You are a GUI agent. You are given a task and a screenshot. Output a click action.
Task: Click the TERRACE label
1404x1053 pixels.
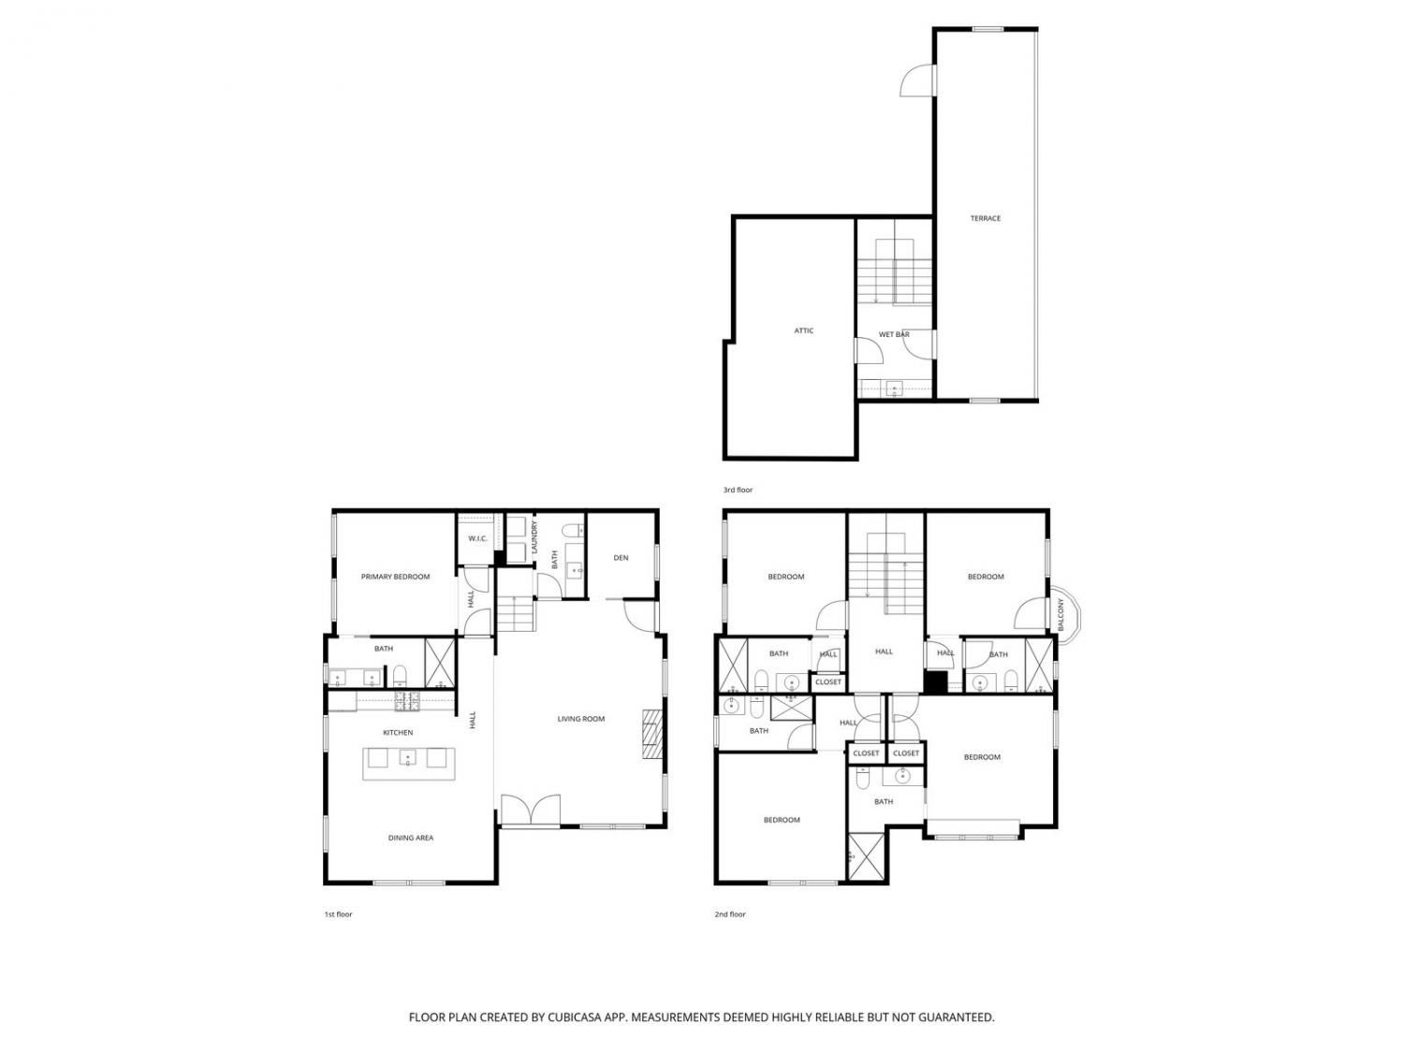point(985,219)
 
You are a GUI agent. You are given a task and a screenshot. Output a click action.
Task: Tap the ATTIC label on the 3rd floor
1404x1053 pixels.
point(803,330)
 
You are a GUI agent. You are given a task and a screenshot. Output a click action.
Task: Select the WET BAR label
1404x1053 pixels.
point(894,334)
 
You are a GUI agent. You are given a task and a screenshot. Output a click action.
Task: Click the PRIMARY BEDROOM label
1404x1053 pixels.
point(395,577)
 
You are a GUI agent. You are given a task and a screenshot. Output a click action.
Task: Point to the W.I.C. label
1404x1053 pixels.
point(477,538)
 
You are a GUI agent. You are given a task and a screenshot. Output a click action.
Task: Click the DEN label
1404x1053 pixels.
point(621,558)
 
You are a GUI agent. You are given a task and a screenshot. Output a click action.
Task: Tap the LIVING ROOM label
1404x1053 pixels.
point(581,719)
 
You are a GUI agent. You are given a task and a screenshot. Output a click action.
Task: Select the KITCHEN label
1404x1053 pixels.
point(398,733)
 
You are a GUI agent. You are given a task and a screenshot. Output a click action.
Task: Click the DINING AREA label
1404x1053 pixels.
point(411,838)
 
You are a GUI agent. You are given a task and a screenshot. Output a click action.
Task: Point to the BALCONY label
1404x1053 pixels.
point(1060,614)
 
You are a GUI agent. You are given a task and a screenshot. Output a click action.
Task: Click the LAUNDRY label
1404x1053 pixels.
point(534,537)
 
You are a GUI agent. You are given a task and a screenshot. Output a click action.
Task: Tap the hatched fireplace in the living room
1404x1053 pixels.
point(653,733)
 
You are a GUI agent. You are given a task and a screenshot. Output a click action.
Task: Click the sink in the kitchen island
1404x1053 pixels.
point(408,758)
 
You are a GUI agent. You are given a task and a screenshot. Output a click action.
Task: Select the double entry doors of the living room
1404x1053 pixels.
point(531,810)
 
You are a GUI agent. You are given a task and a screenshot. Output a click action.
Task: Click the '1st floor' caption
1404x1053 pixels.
point(339,914)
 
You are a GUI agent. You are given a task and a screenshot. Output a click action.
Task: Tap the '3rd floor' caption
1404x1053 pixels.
point(738,490)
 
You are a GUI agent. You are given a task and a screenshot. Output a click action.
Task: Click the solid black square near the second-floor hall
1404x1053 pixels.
point(935,681)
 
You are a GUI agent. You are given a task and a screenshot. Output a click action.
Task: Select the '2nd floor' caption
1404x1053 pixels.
point(730,914)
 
